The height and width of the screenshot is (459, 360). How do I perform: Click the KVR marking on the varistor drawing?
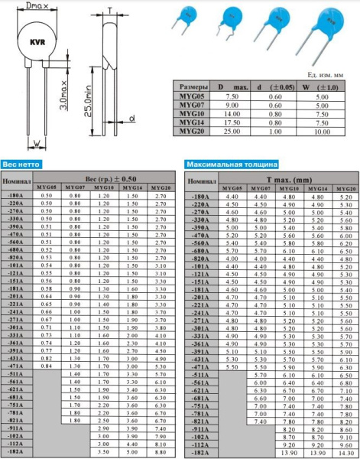(x=35, y=44)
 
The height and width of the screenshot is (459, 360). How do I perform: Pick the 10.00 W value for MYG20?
(x=322, y=130)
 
